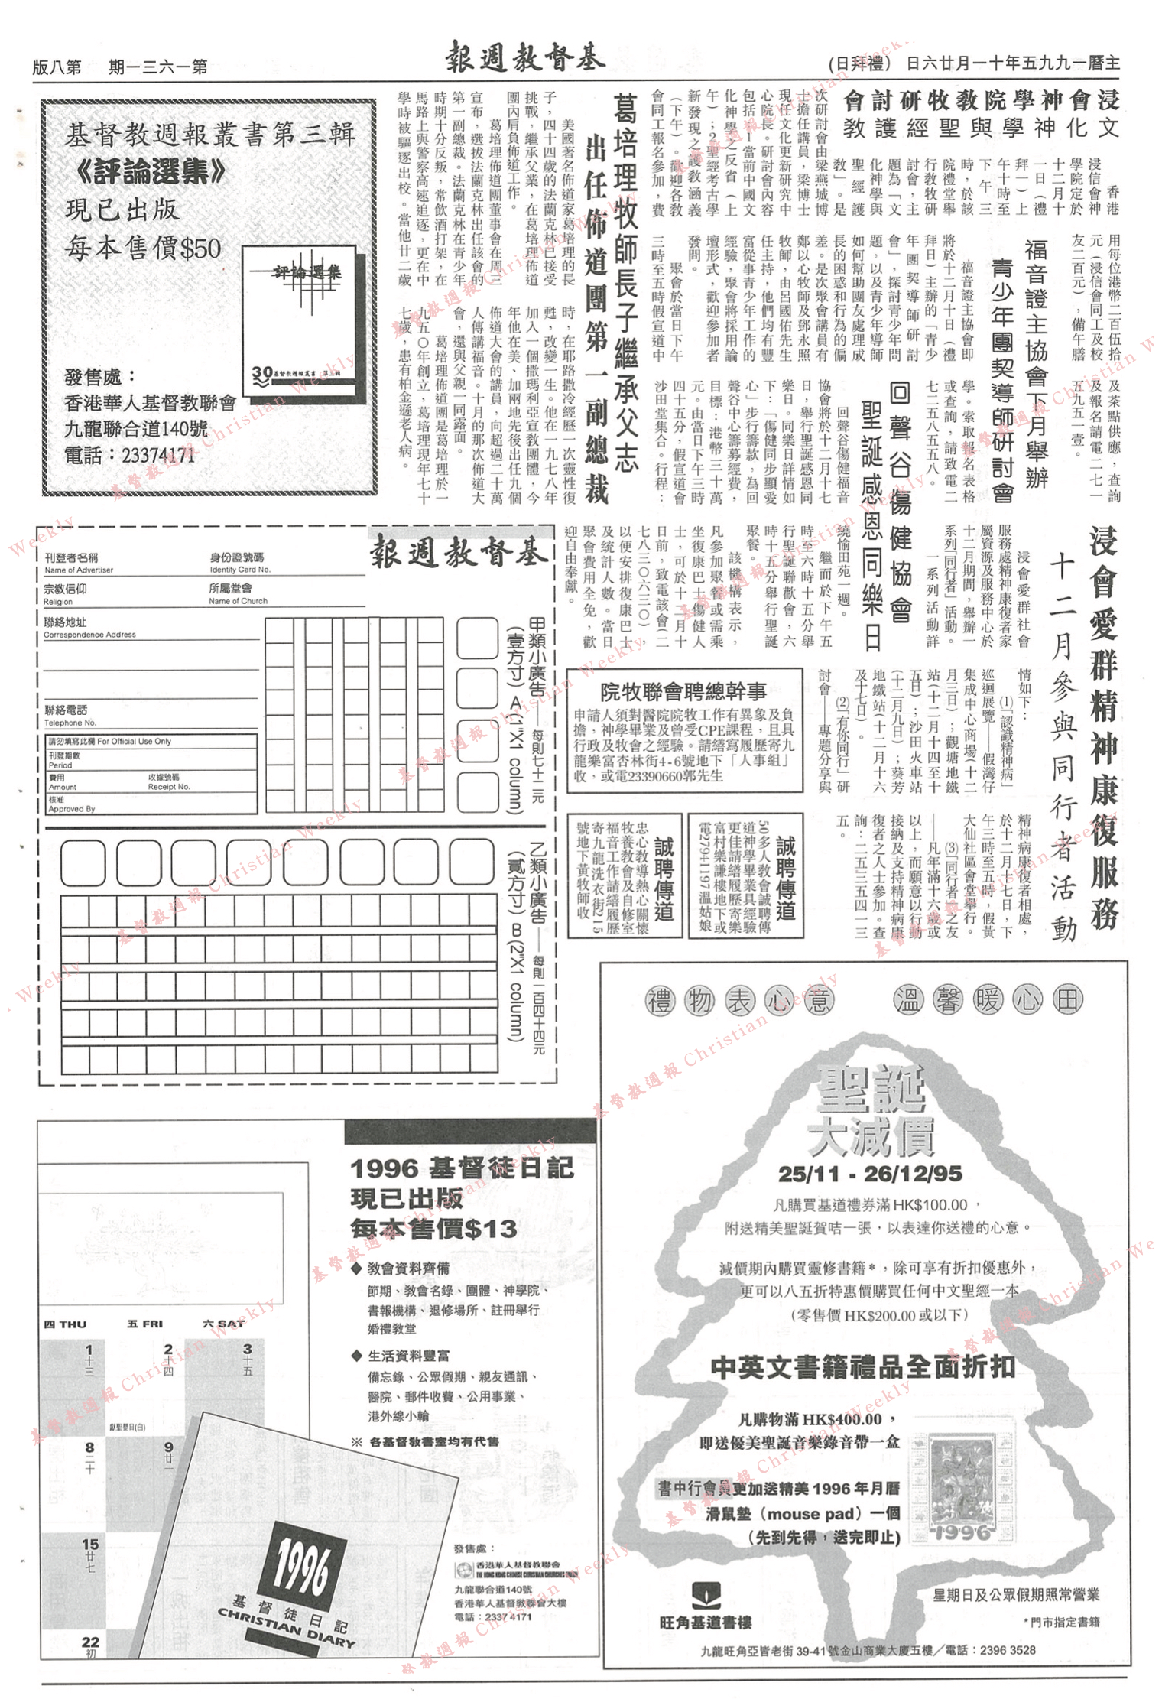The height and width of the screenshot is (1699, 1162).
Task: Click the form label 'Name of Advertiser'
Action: tap(78, 570)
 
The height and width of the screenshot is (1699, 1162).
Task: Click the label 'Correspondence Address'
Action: tap(89, 635)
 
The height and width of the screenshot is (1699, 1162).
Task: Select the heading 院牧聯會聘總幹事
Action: tap(683, 692)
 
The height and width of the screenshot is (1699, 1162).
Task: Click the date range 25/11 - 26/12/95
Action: tap(870, 1174)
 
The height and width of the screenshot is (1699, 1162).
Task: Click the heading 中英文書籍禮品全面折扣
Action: tap(862, 1367)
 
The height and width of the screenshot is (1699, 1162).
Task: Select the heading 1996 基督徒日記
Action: tap(461, 1168)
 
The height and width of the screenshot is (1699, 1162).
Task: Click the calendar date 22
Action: tap(90, 1642)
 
